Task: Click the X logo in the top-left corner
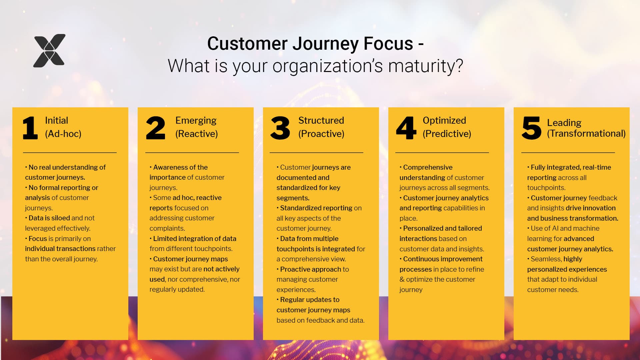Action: [49, 51]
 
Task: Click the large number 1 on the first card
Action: [30, 128]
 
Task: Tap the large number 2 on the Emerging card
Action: [156, 128]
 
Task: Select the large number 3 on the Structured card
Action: [280, 128]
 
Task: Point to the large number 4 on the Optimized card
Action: [406, 128]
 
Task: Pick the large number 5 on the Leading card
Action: [531, 128]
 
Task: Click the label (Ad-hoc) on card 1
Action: [63, 134]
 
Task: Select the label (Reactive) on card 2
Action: [196, 134]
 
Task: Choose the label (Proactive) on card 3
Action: [321, 134]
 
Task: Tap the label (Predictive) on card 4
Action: [447, 134]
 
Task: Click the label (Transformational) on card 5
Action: [586, 133]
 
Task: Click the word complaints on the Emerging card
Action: [167, 228]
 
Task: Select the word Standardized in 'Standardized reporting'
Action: [299, 208]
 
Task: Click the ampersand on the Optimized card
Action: [402, 279]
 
